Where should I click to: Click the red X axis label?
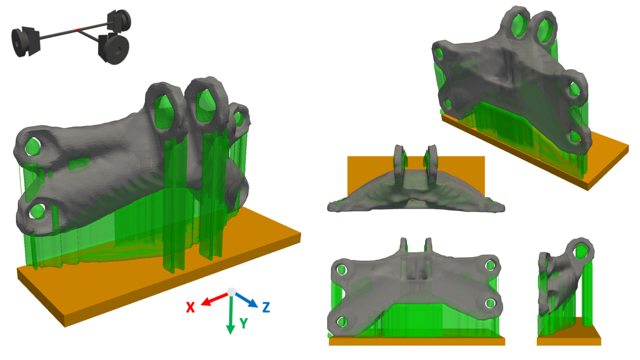[190, 307]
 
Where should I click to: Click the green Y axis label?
[244, 323]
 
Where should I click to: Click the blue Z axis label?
[266, 307]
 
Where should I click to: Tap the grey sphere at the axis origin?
[232, 292]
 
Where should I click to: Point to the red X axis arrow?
[214, 299]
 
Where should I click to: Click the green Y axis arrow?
[231, 315]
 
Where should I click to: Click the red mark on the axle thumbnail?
[77, 30]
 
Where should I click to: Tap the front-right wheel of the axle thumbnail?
[116, 49]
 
